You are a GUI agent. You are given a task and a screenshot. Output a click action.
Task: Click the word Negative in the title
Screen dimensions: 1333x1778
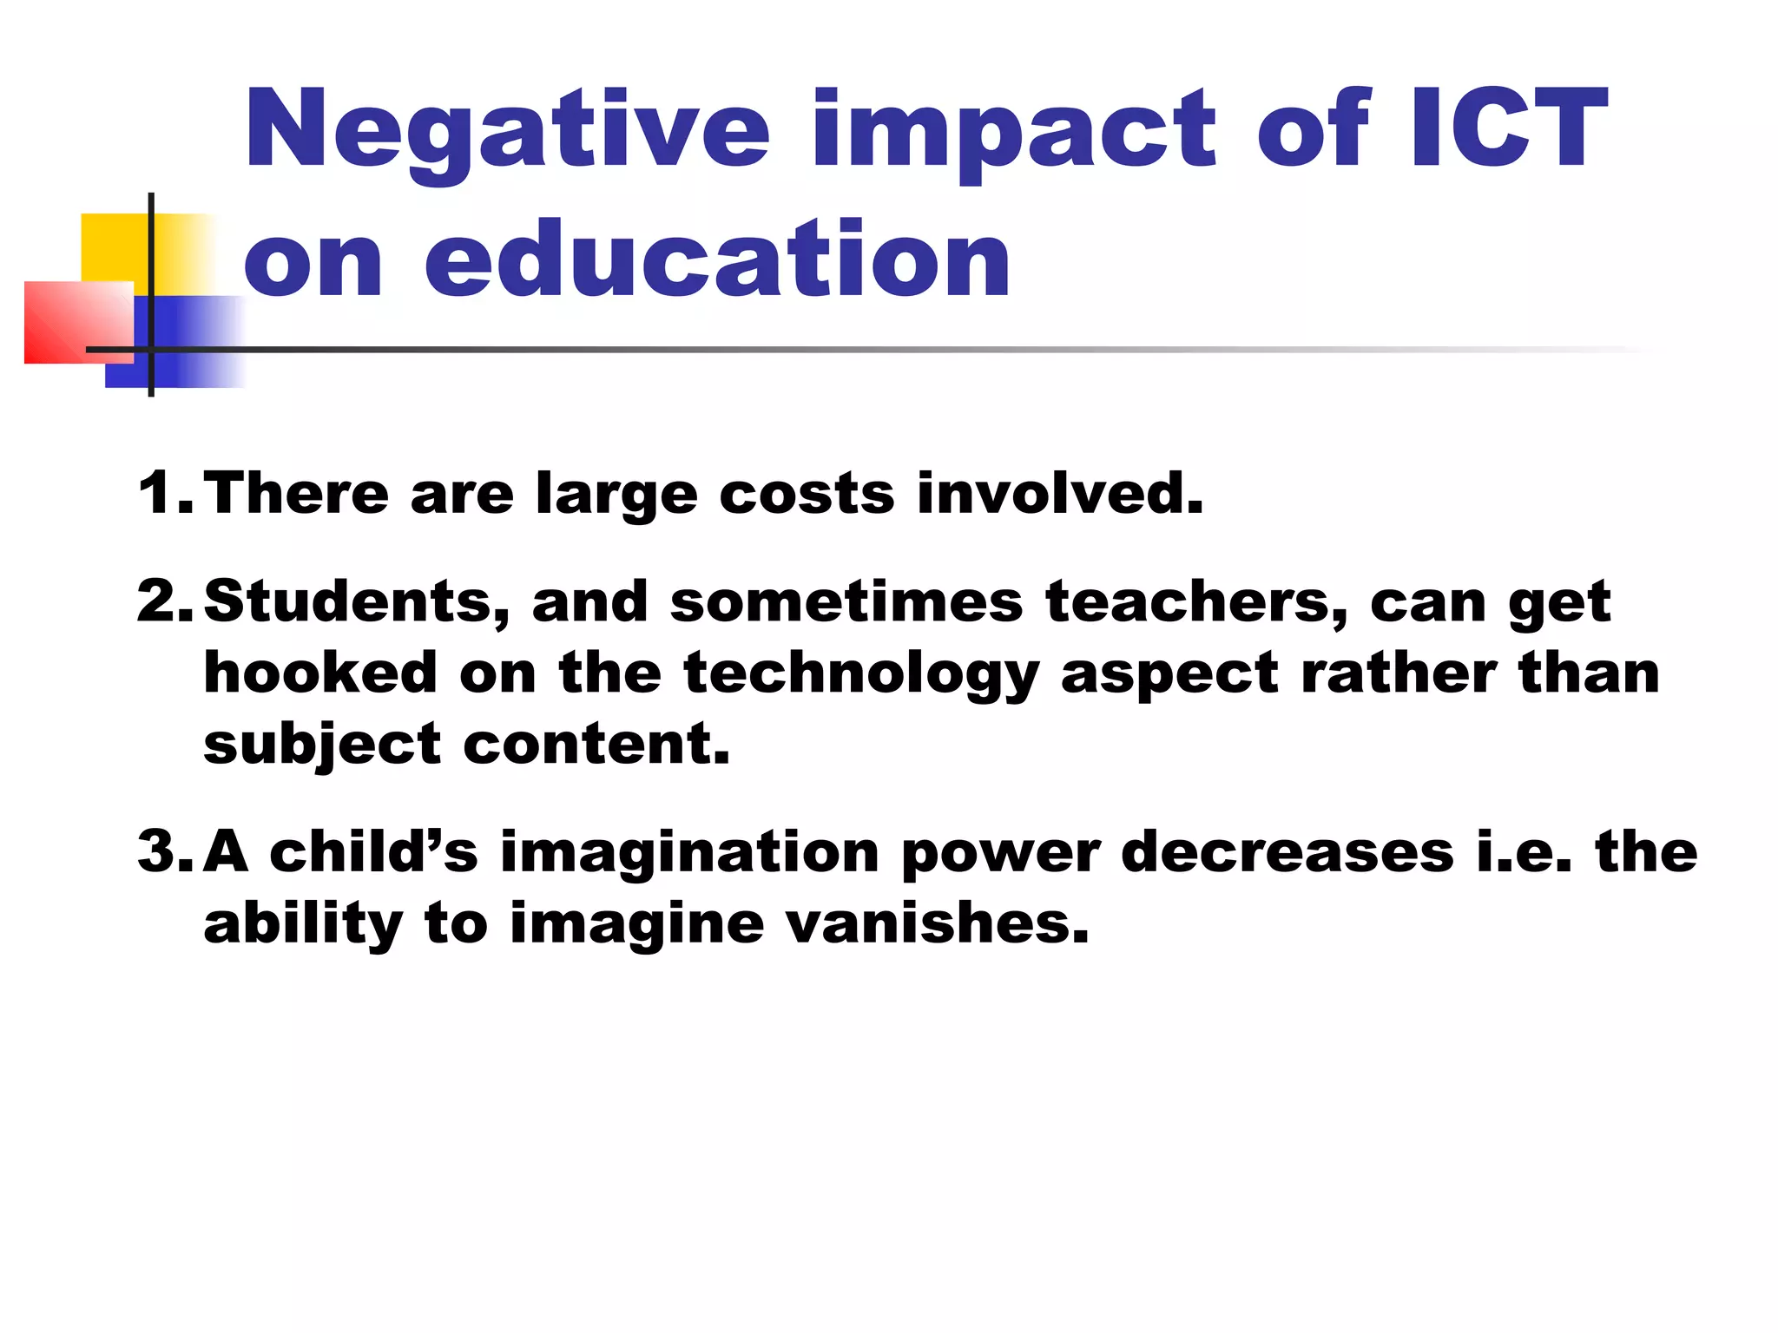(x=507, y=130)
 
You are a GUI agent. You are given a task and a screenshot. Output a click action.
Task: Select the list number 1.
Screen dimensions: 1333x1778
(x=161, y=492)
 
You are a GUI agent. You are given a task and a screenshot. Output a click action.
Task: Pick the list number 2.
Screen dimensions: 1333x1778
(x=161, y=601)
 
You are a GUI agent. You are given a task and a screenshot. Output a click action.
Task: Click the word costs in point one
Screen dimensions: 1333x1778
(x=807, y=493)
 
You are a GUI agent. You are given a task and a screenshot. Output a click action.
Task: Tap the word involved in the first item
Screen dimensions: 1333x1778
(x=1060, y=492)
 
